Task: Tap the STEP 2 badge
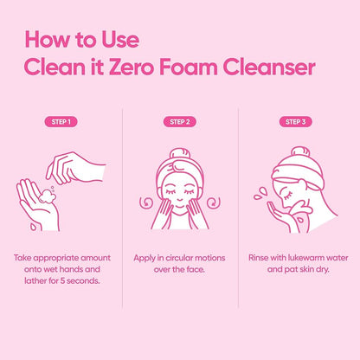(x=179, y=122)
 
